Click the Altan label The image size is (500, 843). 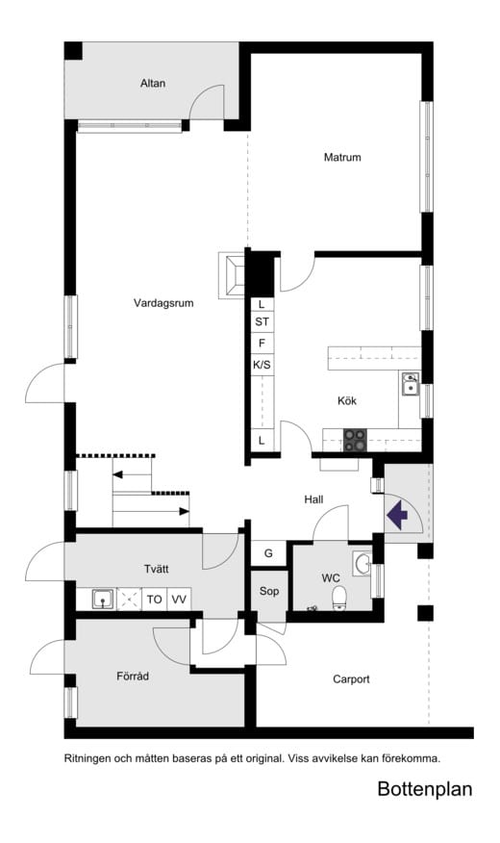pos(153,84)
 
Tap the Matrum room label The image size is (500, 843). pos(342,158)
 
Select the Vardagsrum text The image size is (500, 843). pos(163,303)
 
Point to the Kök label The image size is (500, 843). pos(346,401)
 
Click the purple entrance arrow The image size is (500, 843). pos(397,515)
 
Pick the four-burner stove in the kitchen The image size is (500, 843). pos(355,441)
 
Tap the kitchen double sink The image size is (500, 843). pos(411,383)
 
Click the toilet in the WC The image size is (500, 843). pos(338,598)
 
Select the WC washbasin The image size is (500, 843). pos(362,563)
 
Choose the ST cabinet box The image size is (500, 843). pos(262,322)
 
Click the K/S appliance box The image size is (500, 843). pos(262,365)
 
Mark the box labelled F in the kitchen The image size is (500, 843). pos(262,344)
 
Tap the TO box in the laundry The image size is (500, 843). pos(155,599)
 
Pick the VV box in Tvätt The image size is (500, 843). pos(179,599)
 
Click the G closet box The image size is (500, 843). pos(268,553)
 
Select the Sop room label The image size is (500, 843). pos(269,592)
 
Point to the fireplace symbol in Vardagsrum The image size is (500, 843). pos(232,275)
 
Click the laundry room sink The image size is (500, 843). pos(102,599)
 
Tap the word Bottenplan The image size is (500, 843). pos(425,789)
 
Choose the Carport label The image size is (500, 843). pos(351,679)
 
